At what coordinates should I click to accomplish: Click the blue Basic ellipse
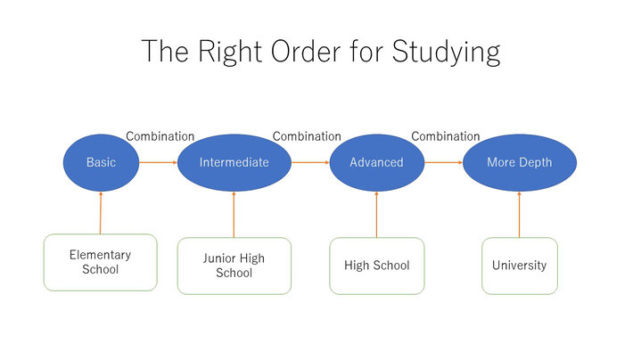point(101,163)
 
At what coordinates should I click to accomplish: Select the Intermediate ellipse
point(234,163)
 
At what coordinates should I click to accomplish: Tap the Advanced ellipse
point(377,163)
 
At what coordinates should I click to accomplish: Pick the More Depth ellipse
point(520,163)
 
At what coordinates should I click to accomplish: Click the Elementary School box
point(101,262)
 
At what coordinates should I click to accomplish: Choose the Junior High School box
point(234,266)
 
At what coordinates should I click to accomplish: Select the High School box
point(377,266)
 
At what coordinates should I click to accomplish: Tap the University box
point(520,266)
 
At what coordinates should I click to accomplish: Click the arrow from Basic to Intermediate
point(158,163)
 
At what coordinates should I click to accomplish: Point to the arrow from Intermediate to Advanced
point(310,163)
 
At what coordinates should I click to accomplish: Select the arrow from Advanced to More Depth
point(444,163)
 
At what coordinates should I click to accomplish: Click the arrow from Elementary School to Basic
point(101,212)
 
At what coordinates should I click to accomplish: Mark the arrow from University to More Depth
point(520,215)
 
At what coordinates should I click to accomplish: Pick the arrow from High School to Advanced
point(377,215)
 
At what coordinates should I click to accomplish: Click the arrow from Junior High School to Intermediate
point(234,215)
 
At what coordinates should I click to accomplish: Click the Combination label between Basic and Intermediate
point(160,136)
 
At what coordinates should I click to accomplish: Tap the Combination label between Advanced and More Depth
point(446,136)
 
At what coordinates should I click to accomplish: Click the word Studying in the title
point(446,53)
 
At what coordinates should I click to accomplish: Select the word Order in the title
point(306,52)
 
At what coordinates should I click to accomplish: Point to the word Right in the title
point(230,53)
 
